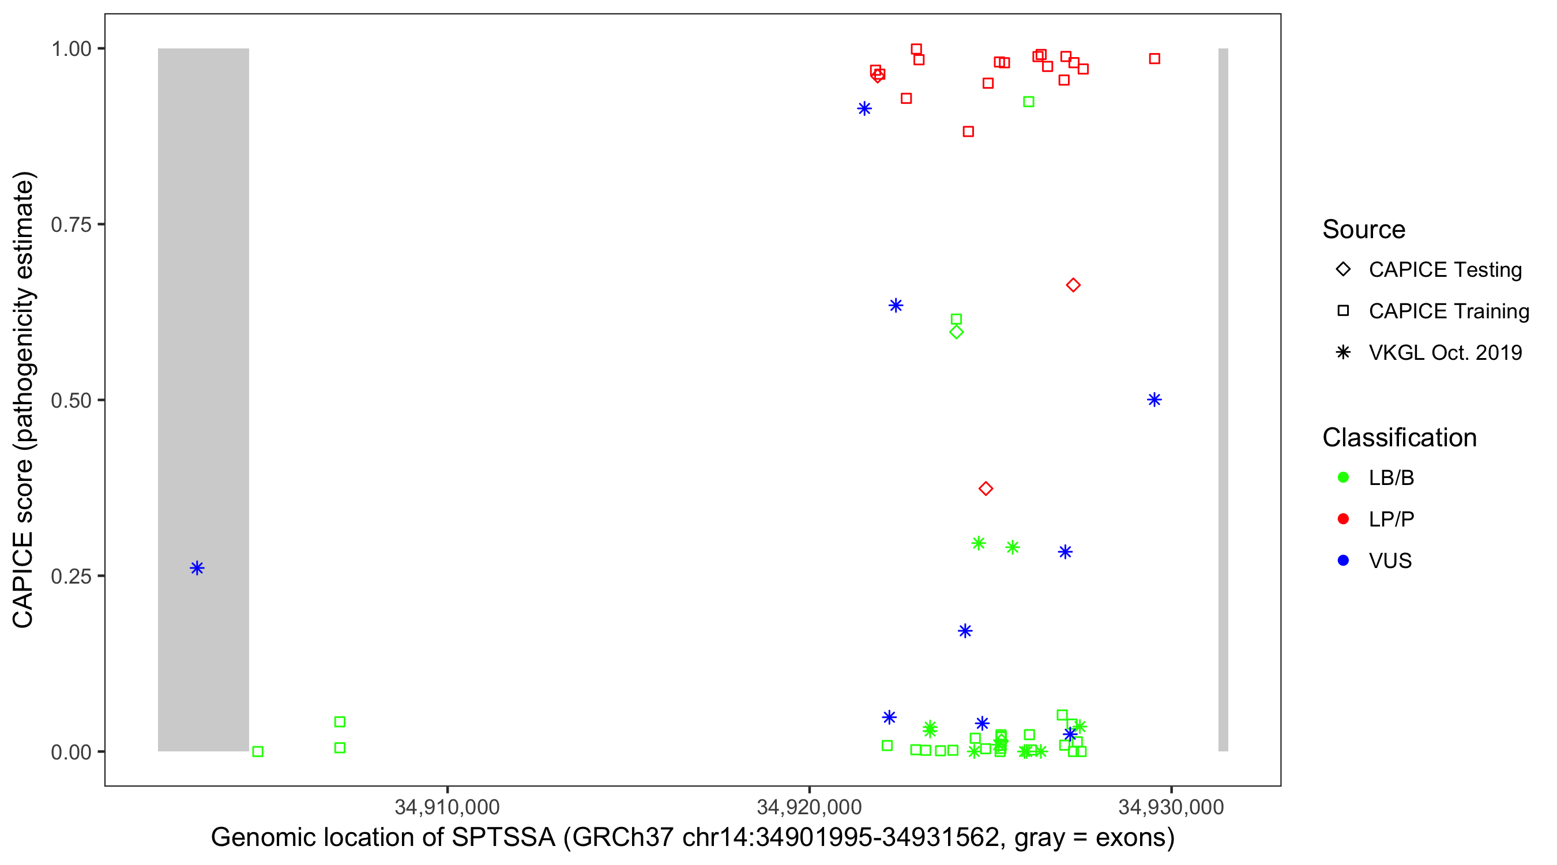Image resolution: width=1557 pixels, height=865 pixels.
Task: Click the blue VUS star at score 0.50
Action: [x=1154, y=400]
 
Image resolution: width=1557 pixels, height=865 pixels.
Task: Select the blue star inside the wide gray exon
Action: [x=197, y=567]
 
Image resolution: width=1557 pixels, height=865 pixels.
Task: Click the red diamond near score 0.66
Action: [x=1073, y=285]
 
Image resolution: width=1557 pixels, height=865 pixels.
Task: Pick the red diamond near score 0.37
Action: [x=986, y=488]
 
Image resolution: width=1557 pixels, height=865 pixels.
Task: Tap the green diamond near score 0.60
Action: [x=956, y=332]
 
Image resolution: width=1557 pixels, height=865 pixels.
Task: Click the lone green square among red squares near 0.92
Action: [x=1029, y=101]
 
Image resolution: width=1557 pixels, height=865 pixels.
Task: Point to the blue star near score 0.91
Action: [x=864, y=108]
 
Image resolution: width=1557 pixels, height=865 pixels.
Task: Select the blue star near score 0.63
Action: [x=896, y=305]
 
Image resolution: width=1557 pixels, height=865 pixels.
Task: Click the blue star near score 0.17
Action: [x=965, y=631]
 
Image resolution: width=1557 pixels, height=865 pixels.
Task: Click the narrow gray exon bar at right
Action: [x=1223, y=399]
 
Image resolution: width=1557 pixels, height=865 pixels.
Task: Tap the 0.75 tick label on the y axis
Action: [x=71, y=225]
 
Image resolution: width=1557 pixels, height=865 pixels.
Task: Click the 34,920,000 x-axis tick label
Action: [x=808, y=807]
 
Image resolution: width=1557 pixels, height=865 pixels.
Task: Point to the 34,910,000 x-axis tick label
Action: [x=447, y=807]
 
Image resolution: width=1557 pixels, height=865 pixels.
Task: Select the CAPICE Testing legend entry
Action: [x=1445, y=270]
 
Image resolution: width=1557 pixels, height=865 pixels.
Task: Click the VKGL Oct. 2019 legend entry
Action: [x=1445, y=352]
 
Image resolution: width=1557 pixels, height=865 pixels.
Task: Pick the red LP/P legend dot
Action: [x=1344, y=519]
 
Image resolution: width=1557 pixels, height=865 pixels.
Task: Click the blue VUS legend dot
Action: [x=1344, y=561]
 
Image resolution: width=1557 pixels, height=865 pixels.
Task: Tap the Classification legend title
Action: [x=1399, y=438]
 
